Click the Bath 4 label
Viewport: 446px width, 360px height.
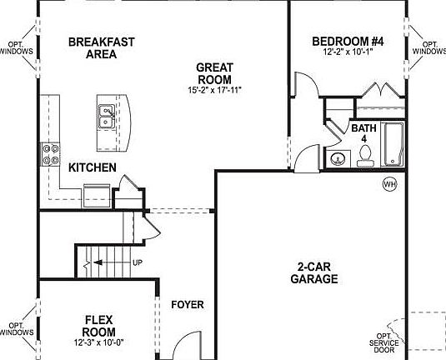coord(363,134)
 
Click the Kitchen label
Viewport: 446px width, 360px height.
coord(92,167)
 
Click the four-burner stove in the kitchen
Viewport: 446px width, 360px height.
coord(50,155)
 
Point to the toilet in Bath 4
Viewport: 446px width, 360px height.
coord(364,156)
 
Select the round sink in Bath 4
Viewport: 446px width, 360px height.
coord(339,158)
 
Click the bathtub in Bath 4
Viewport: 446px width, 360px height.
coord(391,145)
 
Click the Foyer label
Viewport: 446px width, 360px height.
coord(188,304)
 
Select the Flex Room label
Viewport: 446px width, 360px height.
coord(105,324)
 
